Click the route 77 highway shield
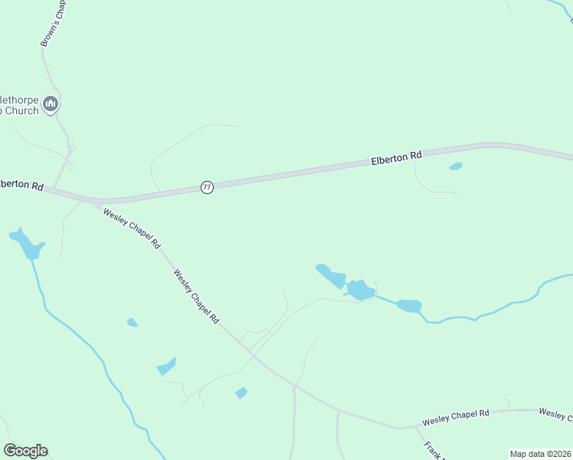tap(207, 187)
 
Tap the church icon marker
tap(51, 103)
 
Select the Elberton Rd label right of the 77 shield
tap(396, 158)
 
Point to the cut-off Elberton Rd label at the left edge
tap(21, 185)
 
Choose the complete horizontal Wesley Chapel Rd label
tap(455, 418)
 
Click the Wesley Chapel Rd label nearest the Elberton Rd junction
tap(132, 228)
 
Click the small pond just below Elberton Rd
tap(456, 166)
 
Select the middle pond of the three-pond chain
tap(360, 290)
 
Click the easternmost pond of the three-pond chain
tap(409, 306)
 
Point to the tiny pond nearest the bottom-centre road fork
tap(241, 393)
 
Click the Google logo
tap(25, 451)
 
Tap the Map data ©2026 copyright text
tap(540, 454)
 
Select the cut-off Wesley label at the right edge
tap(555, 414)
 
